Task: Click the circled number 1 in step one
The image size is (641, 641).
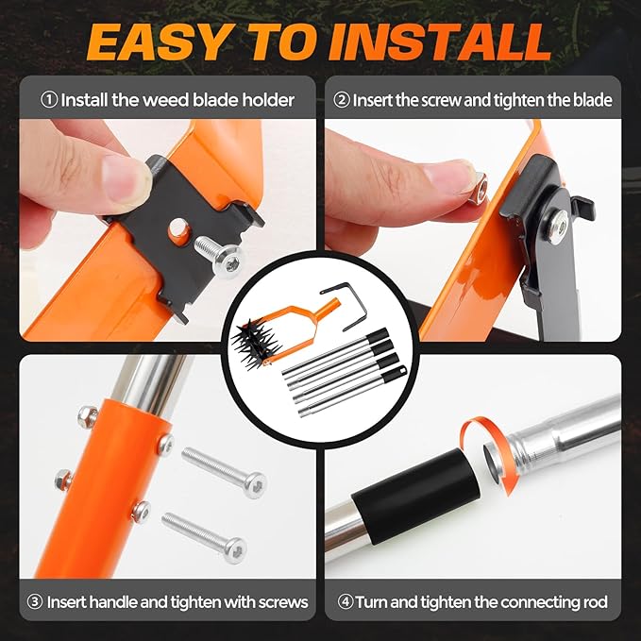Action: tap(49, 100)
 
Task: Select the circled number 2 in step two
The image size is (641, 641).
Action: tap(342, 100)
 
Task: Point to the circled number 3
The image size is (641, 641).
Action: tap(35, 601)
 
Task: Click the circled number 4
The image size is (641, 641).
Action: tap(346, 601)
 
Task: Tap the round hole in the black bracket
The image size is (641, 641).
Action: tap(178, 229)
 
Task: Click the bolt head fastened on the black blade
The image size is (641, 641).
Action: tap(558, 227)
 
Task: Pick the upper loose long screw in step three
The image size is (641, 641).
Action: tap(224, 472)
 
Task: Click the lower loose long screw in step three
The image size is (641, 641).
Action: tap(204, 537)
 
